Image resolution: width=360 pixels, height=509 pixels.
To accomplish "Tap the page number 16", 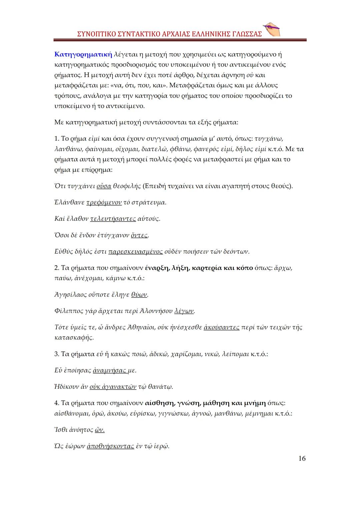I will [x=302, y=458].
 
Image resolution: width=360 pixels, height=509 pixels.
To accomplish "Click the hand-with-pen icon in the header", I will [x=272, y=30].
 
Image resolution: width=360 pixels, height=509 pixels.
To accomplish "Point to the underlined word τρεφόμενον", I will [x=104, y=202].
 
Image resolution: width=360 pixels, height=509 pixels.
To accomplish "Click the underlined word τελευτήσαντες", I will [x=113, y=219].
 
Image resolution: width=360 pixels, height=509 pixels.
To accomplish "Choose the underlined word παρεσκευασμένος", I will [x=136, y=251].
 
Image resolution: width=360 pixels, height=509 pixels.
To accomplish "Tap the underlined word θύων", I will [x=139, y=295].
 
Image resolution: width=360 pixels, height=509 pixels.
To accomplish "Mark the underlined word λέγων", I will [x=184, y=311].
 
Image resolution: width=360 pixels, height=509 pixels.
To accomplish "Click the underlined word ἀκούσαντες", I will [x=221, y=327].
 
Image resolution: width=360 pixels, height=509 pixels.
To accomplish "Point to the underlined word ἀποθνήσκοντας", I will [x=110, y=446].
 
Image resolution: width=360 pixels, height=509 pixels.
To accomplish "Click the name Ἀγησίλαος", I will [x=71, y=295].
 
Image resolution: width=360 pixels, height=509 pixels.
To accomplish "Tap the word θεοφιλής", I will [x=127, y=186].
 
